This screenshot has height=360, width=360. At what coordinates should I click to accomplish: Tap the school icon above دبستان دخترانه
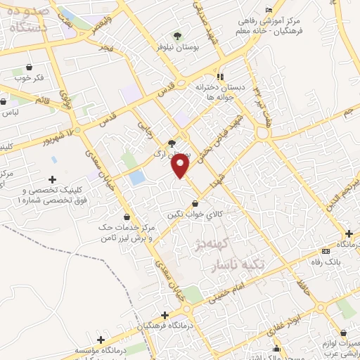[x=220, y=76]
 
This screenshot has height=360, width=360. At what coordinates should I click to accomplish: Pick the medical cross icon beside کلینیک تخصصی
[x=53, y=179]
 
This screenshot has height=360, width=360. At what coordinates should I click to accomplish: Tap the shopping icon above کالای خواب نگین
[x=195, y=204]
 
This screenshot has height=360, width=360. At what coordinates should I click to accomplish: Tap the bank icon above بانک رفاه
[x=324, y=251]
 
